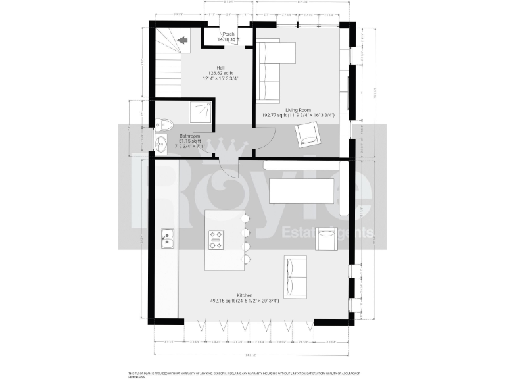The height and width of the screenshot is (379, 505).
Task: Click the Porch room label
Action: click(228, 34)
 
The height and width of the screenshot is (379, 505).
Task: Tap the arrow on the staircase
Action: click(181, 40)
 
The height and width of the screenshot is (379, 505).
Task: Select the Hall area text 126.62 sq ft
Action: click(220, 73)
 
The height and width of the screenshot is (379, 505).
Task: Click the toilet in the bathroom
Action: click(164, 124)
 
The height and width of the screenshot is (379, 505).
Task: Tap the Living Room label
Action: click(298, 110)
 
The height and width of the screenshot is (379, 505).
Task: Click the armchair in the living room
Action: click(308, 136)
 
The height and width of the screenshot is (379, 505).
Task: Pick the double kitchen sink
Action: click(168, 238)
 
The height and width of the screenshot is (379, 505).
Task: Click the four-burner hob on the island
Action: click(216, 240)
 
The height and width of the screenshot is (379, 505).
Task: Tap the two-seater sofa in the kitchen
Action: click(295, 276)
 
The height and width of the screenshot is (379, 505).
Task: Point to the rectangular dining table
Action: click(302, 192)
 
